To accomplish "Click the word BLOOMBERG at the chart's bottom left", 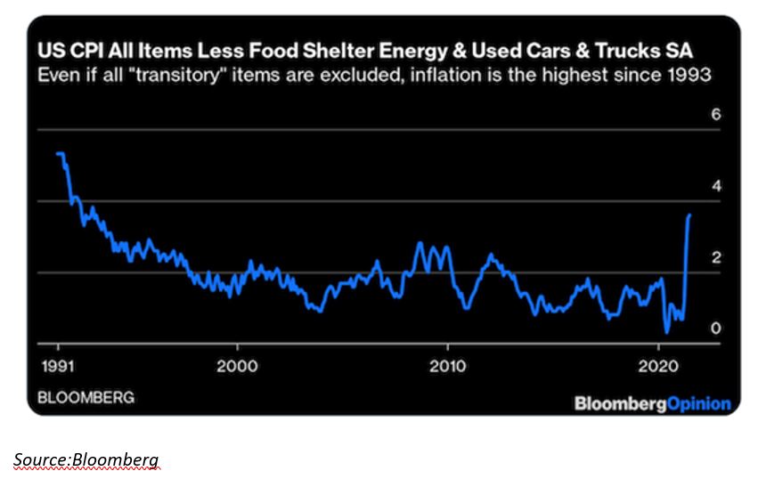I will click(x=86, y=397).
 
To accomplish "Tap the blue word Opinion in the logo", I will click(x=698, y=403).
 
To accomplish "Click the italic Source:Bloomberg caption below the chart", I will click(x=86, y=459).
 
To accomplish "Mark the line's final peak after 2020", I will click(x=689, y=215).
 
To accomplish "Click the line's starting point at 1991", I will click(x=58, y=154).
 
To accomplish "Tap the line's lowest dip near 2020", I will click(x=667, y=331).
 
